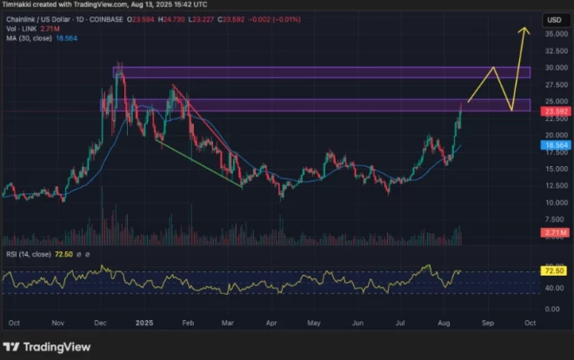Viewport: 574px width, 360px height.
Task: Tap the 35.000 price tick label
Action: [x=556, y=34]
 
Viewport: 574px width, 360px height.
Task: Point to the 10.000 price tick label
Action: [x=556, y=203]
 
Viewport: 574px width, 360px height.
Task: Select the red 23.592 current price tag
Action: [x=556, y=111]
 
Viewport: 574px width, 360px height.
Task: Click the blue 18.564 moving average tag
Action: [x=556, y=145]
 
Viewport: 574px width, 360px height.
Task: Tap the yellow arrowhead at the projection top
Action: [x=524, y=30]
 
